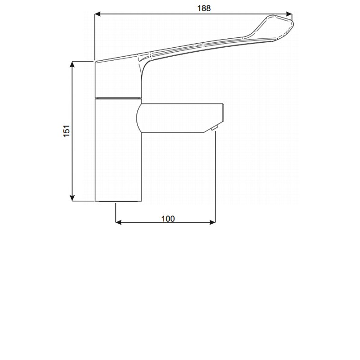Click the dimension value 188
coord(204,8)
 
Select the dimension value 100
coord(167,219)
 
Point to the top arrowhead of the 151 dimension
coord(72,64)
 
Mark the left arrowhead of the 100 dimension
coord(119,222)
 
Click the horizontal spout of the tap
coord(180,118)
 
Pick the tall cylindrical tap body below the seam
coord(118,148)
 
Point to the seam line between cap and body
coord(118,97)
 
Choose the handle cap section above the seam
coord(118,79)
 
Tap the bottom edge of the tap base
coord(118,201)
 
